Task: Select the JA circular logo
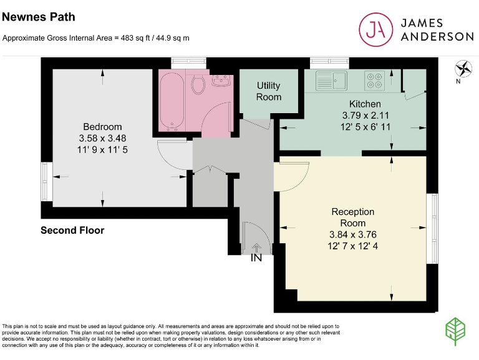tap(375, 29)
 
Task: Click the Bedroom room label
tap(102, 127)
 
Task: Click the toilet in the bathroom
tap(199, 84)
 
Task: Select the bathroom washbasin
tap(221, 81)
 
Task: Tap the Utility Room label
tap(269, 91)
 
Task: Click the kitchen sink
tap(331, 80)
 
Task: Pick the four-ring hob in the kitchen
tap(374, 81)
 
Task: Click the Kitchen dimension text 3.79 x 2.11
tap(365, 116)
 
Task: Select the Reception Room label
tap(353, 217)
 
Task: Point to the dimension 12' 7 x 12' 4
tap(353, 246)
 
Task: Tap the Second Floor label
tap(72, 231)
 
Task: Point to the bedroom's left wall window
tap(44, 181)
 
